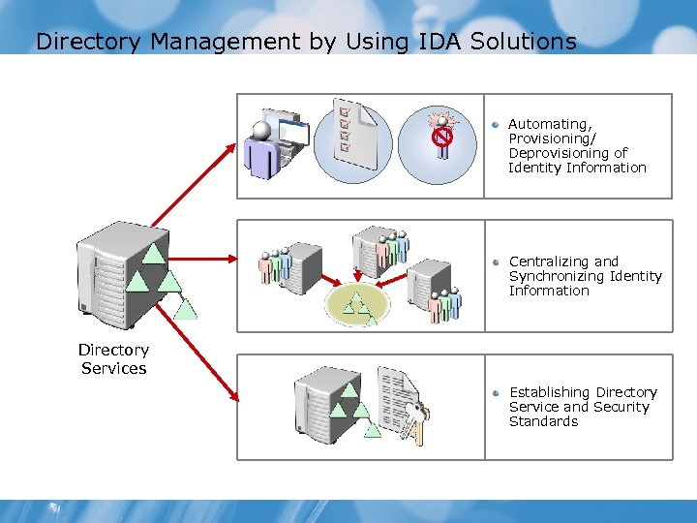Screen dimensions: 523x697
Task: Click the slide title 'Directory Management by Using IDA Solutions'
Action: [305, 42]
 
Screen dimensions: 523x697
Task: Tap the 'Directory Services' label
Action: [113, 359]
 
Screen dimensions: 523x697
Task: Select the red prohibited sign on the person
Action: [442, 138]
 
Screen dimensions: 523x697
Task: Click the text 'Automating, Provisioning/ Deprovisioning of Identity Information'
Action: [576, 146]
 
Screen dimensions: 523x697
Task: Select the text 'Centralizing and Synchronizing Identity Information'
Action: [585, 276]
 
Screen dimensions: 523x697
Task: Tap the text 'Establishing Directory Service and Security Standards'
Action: [582, 407]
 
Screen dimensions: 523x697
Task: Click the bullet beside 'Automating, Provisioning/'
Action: [495, 125]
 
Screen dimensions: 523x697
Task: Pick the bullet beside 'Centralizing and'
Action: [495, 262]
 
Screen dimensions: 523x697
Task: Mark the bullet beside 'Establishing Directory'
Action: [495, 393]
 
